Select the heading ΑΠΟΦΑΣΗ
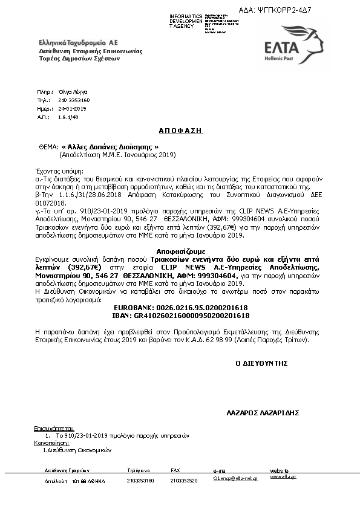coord(180,131)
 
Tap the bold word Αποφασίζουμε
coord(180,250)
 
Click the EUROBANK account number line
coord(180,308)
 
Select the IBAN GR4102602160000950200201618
coord(180,315)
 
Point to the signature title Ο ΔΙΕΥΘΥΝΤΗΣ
coord(261,363)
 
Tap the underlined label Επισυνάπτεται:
coord(53,428)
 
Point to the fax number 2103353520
coord(184,481)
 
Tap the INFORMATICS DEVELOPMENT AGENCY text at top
coord(187,21)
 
